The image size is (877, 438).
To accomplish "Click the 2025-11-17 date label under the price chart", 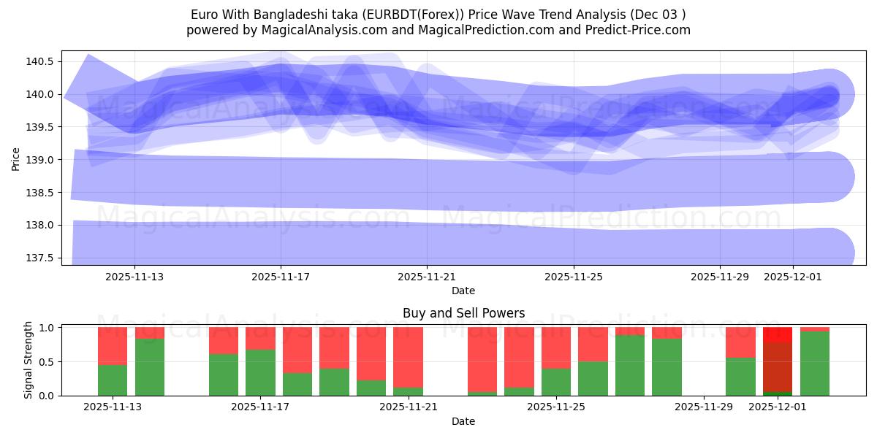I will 281,277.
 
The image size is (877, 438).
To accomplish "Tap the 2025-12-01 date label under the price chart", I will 793,277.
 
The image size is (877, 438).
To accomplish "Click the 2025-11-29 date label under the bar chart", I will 703,407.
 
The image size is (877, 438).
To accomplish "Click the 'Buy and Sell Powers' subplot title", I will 463,313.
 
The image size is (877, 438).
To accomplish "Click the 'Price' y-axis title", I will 16,158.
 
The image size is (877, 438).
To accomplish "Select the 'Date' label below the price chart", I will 463,291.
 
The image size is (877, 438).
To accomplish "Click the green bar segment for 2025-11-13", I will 113,380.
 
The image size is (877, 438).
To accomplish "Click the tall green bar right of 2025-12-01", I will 814,364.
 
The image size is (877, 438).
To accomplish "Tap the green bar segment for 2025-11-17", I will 260,372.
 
